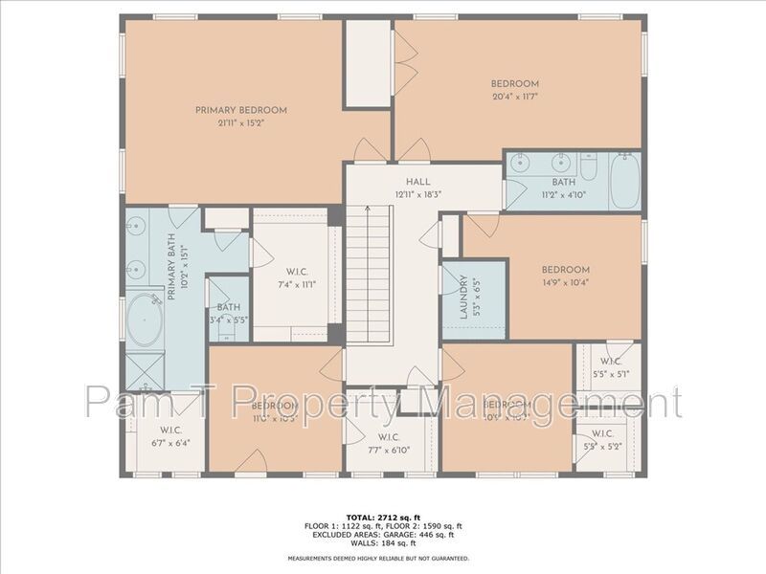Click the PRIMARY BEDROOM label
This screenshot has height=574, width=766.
(240, 110)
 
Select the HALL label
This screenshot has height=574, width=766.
(417, 181)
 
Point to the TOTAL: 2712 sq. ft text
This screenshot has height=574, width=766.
(380, 517)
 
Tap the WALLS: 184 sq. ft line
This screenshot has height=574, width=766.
(380, 544)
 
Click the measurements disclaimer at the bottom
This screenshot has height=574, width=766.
(380, 558)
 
